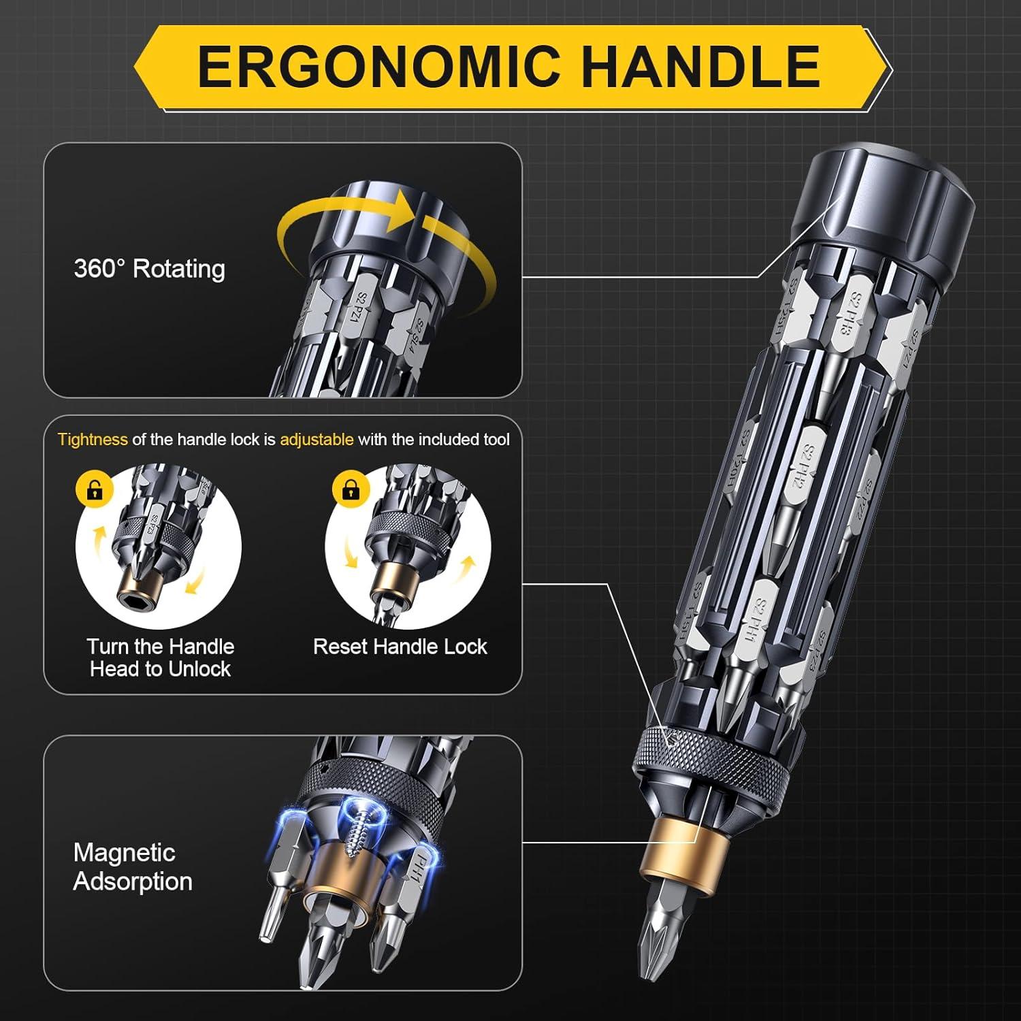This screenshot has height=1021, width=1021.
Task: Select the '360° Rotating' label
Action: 149,269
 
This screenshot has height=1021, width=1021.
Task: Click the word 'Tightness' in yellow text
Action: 93,440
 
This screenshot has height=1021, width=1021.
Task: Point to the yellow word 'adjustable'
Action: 317,440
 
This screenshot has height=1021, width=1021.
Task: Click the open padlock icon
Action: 95,489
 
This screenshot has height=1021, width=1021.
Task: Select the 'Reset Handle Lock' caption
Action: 400,647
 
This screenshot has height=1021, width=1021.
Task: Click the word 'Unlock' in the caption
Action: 197,669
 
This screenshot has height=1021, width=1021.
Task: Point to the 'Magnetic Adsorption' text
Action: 132,866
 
